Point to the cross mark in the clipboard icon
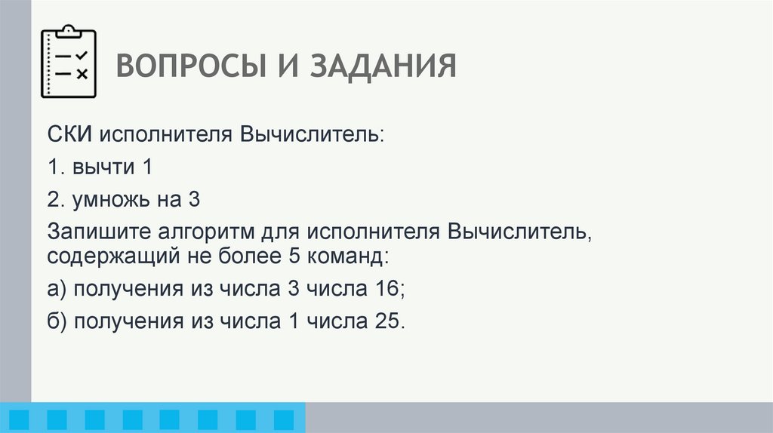pos(82,73)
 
